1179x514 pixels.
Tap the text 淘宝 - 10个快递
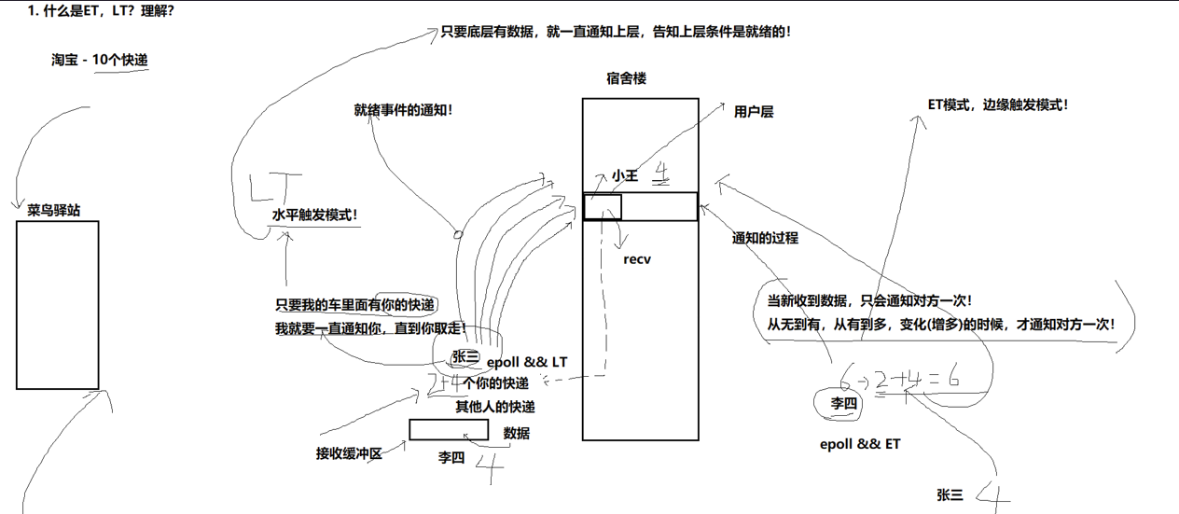click(100, 60)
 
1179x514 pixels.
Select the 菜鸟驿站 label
click(54, 211)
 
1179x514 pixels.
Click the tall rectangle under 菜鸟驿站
click(57, 305)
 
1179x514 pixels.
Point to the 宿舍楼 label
click(626, 79)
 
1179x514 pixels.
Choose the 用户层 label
click(754, 112)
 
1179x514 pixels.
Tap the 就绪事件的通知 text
click(403, 110)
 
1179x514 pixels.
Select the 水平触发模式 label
click(315, 215)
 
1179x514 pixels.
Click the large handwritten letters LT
click(275, 188)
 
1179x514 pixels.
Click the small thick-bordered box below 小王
click(603, 206)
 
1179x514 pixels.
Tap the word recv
click(637, 259)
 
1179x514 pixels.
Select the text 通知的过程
click(765, 238)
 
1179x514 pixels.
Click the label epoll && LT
click(527, 361)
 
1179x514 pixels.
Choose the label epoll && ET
click(859, 444)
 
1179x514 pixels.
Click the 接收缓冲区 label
click(349, 454)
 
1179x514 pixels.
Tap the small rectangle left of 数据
click(449, 430)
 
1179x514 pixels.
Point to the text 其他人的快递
click(495, 407)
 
